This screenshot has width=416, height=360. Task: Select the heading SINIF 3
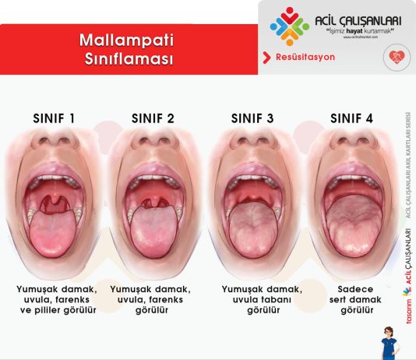[252, 118]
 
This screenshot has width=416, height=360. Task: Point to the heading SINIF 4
[352, 118]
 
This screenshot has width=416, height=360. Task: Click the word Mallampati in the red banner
[128, 38]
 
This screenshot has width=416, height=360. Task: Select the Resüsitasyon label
[303, 58]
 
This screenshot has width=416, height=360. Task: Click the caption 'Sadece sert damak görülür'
[351, 298]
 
